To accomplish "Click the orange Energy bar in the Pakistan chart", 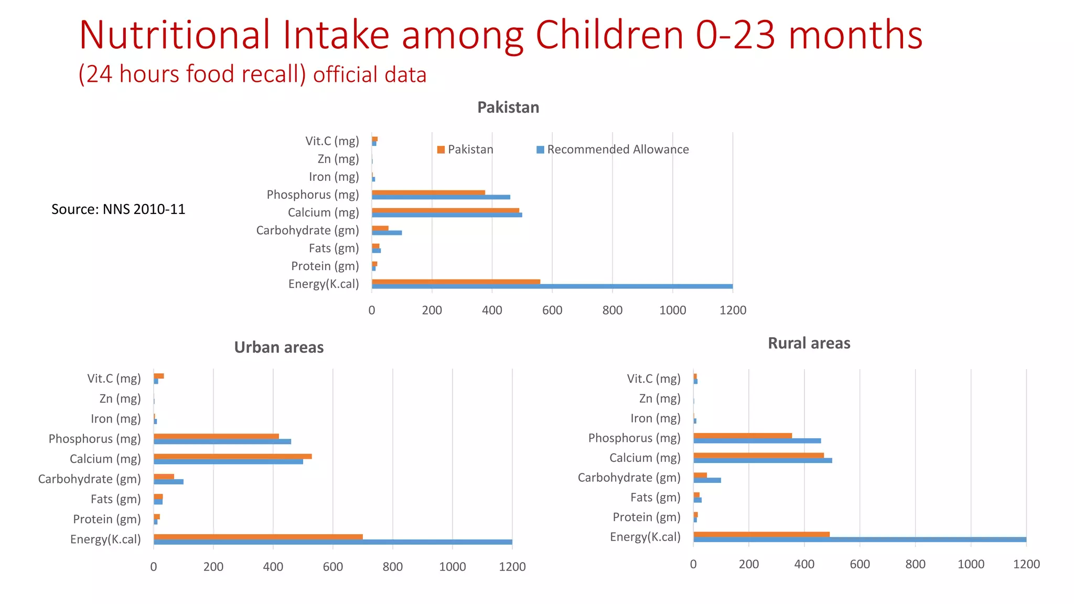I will click(x=455, y=282).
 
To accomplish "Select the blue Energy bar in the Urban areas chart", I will click(x=332, y=542).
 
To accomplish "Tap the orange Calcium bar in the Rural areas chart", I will click(x=758, y=455).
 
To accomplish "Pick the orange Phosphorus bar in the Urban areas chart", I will click(x=216, y=436).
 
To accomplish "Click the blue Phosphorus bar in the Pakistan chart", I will click(x=441, y=197).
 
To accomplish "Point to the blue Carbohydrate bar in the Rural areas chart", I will click(x=707, y=480).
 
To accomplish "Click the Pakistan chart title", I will click(x=508, y=107).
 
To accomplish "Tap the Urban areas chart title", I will click(x=278, y=347).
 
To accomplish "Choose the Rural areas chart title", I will click(x=809, y=343).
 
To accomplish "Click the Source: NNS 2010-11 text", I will click(x=118, y=209).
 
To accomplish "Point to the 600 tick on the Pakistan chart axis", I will click(x=552, y=310).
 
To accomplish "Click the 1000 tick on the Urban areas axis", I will click(x=452, y=567).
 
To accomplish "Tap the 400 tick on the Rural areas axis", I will click(x=804, y=564).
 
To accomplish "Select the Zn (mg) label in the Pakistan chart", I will click(x=338, y=159).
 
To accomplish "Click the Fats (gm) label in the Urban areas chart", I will click(x=115, y=499).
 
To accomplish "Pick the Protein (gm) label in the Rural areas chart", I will click(x=646, y=517).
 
